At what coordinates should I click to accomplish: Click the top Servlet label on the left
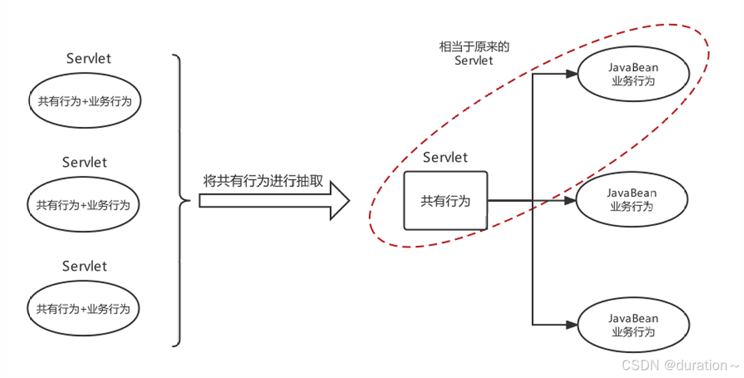[x=89, y=58]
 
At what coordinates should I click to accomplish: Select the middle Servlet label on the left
[x=84, y=162]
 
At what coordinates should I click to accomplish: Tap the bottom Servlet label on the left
[x=84, y=266]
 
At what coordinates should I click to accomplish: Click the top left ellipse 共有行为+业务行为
[x=84, y=101]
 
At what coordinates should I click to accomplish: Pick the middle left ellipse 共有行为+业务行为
[x=83, y=205]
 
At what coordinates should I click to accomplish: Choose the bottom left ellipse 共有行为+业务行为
[x=83, y=309]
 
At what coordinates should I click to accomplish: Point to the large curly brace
[x=179, y=200]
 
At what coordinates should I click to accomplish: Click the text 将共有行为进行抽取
[x=263, y=181]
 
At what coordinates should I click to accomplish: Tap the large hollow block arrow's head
[x=338, y=201]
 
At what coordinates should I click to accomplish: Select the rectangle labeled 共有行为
[x=446, y=201]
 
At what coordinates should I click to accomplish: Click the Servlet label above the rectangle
[x=446, y=158]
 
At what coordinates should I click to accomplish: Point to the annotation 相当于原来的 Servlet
[x=474, y=54]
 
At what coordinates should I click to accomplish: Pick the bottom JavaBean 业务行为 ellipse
[x=633, y=325]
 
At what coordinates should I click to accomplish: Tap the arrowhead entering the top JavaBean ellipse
[x=571, y=75]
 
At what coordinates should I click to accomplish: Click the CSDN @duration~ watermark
[x=680, y=365]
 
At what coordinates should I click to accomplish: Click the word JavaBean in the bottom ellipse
[x=633, y=318]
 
